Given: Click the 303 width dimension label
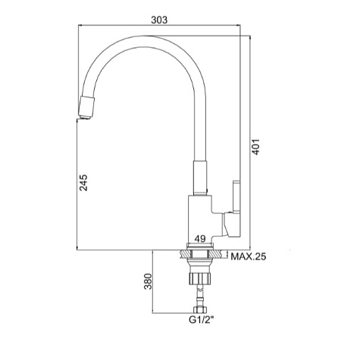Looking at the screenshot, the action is coord(159,20).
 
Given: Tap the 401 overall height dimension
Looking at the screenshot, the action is coord(256,146).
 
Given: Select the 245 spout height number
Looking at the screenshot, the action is coord(83,183).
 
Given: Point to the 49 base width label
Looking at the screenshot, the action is coord(200,239).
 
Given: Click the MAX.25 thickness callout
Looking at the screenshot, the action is coord(249,257).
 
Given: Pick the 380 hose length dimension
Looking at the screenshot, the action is coord(148,281).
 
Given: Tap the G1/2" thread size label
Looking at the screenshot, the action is coord(202,320).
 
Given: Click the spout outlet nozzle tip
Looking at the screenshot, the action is coord(86,108).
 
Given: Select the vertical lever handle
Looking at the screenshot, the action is coord(236,196).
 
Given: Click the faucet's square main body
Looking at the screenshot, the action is coord(199,218).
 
